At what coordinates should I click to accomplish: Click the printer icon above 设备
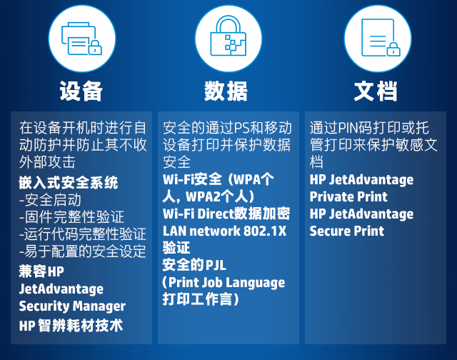[x=81, y=39]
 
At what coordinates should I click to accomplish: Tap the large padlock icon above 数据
[x=228, y=36]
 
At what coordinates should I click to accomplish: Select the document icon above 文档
[x=381, y=37]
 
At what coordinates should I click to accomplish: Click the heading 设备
[x=81, y=91]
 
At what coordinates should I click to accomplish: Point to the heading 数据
[x=226, y=91]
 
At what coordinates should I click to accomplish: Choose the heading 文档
[x=376, y=91]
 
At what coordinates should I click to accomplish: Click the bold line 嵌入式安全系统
[x=69, y=183]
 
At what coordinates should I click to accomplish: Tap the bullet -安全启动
[x=50, y=200]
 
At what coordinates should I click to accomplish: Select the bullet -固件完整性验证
[x=71, y=217]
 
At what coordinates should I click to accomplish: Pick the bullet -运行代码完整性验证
[x=83, y=234]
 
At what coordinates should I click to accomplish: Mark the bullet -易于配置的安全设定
[x=83, y=251]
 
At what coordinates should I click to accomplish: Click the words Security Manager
[x=72, y=306]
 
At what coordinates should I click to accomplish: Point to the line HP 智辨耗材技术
[x=71, y=325]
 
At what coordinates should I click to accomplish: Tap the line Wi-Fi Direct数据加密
[x=226, y=214]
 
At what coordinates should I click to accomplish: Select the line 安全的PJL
[x=194, y=265]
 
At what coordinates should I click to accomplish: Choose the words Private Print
[x=348, y=197]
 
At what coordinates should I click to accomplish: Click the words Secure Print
[x=347, y=231]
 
